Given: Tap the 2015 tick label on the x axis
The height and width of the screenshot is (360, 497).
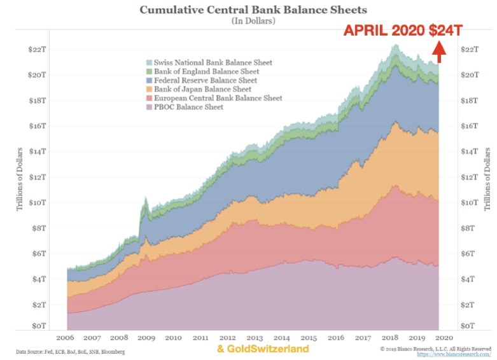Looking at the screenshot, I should pos(310,338).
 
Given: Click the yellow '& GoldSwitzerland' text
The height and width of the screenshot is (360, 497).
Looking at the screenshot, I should pos(263,349).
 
